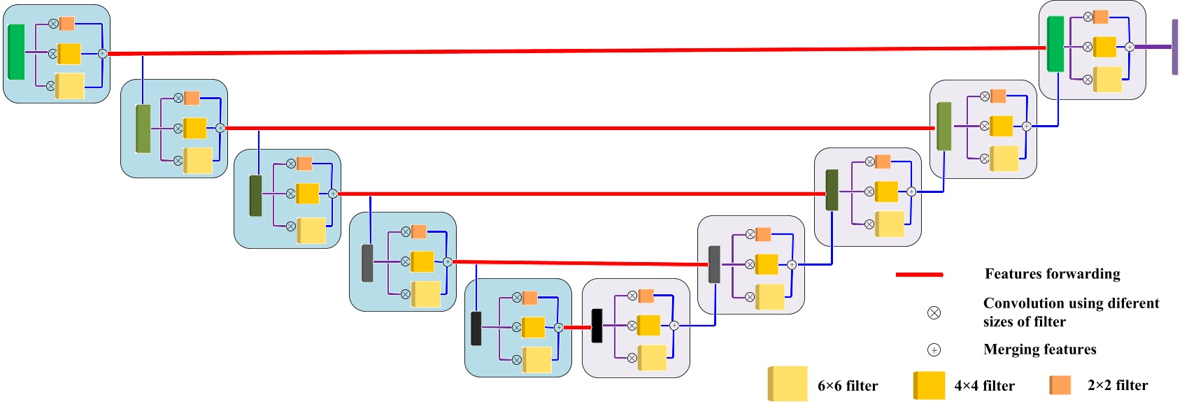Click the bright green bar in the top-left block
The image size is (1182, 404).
pos(16,52)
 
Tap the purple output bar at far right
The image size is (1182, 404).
pos(1175,47)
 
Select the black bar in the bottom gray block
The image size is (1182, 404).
pos(597,326)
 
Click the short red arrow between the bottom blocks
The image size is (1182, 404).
pos(577,327)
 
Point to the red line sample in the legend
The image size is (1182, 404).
pos(919,275)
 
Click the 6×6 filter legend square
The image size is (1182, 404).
pos(788,384)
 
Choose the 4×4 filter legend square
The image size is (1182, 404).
pos(929,385)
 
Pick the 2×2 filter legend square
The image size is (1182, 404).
pos(1060,385)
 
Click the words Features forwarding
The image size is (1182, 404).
pos(1052,274)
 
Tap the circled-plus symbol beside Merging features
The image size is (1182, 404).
pos(934,349)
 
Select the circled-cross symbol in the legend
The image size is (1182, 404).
pos(934,312)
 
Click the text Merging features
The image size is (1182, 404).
pos(1039,349)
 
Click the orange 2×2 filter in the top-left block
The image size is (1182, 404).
pos(66,24)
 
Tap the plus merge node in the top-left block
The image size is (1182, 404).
pos(102,54)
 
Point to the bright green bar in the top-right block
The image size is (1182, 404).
pos(1055,44)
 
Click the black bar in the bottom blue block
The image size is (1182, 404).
pos(476,329)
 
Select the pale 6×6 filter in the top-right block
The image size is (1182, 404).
pos(1107,79)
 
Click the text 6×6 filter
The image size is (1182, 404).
pos(847,386)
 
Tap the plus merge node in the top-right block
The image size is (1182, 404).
pos(1129,47)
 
